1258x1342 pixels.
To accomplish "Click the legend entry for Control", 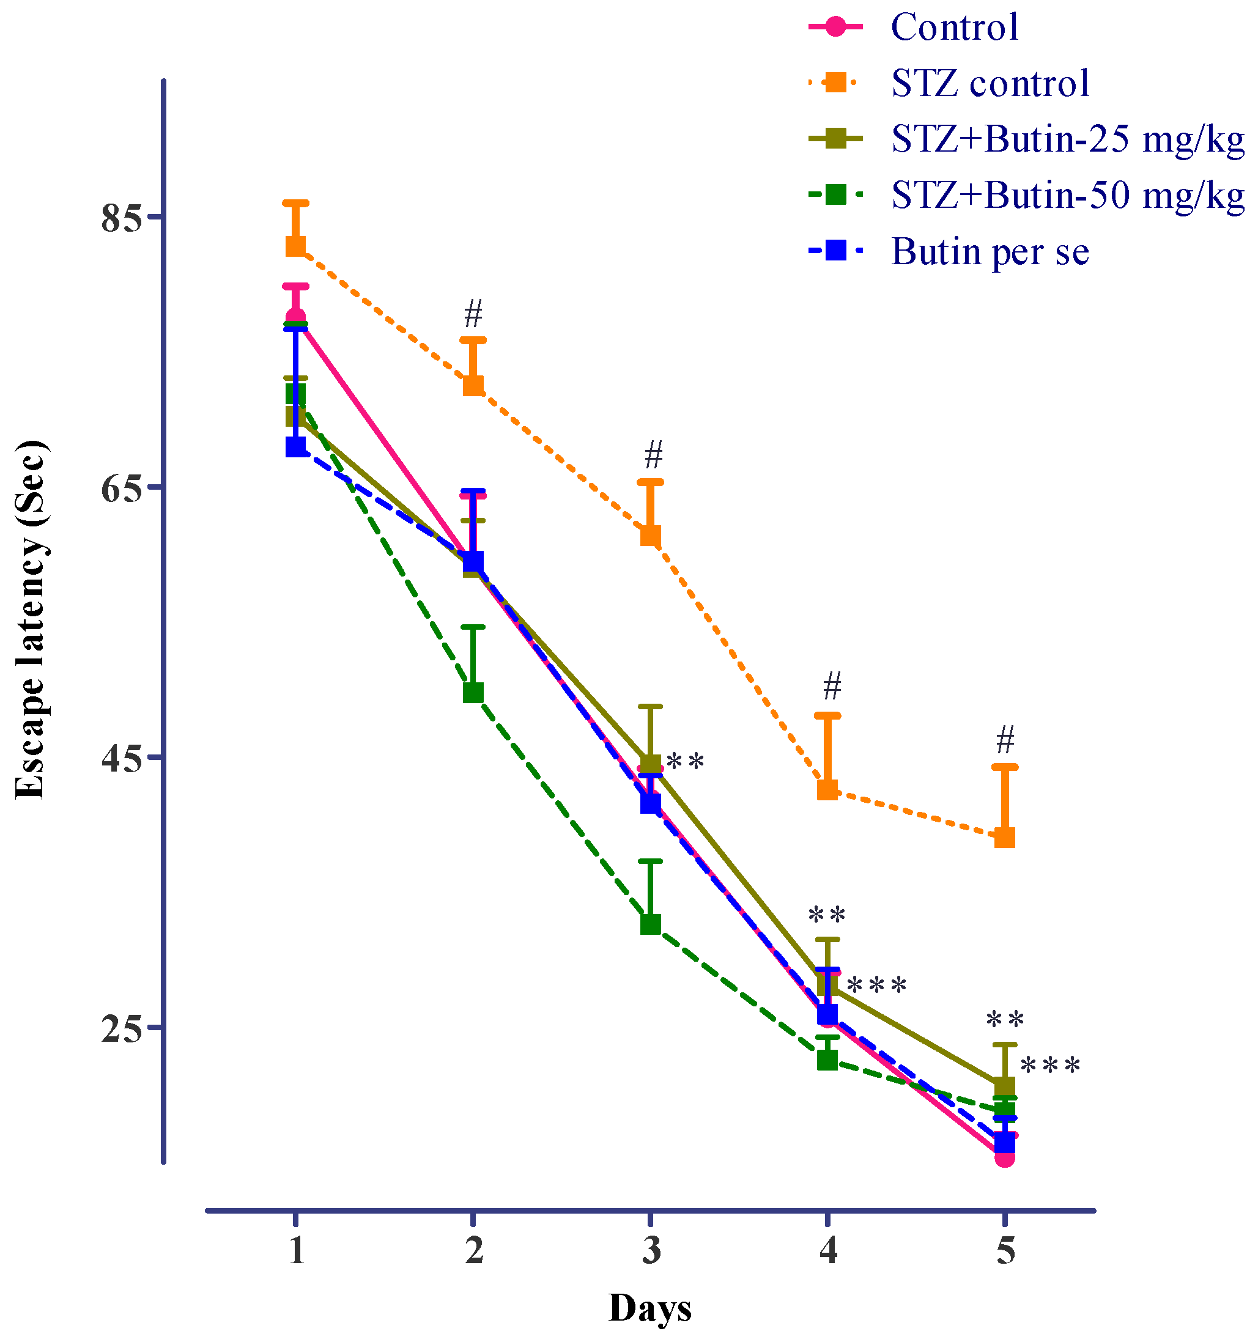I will [x=953, y=27].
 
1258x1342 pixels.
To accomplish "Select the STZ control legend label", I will [x=990, y=83].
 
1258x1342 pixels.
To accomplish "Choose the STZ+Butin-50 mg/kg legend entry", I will [x=1067, y=195].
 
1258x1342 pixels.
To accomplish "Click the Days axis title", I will [x=649, y=1308].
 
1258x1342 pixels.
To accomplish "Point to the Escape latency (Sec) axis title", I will [x=31, y=620].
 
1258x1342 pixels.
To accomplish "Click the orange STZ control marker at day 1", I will [x=296, y=246].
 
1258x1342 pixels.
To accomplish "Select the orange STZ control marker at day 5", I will [x=1005, y=838].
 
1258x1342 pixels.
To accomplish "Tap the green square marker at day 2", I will [x=473, y=693].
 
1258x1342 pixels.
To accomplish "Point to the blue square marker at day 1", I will [x=296, y=447].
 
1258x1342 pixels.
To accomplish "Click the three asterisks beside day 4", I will [x=876, y=986].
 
